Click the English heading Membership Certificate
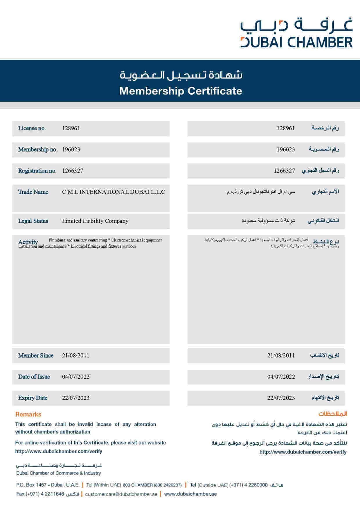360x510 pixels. coord(181,91)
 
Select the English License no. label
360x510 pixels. coord(32,128)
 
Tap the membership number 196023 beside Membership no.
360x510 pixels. coord(71,150)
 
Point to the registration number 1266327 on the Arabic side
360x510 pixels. coord(284,171)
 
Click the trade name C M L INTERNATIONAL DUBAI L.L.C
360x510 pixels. coord(114,192)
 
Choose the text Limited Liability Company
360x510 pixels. coord(95,221)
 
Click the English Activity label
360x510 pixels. coord(28,242)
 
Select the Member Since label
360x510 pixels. coord(36,355)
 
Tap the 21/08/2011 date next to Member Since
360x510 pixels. coord(76,355)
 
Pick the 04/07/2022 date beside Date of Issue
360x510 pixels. coord(76,377)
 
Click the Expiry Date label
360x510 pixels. coord(33,398)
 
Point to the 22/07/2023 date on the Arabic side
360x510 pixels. coord(281,398)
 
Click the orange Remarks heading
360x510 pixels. coord(28,414)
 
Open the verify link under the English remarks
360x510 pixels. coord(59,451)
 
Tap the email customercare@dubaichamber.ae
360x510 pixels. coord(121,494)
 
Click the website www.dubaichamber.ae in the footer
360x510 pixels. coord(190,494)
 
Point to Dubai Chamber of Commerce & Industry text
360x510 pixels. coord(58,473)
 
